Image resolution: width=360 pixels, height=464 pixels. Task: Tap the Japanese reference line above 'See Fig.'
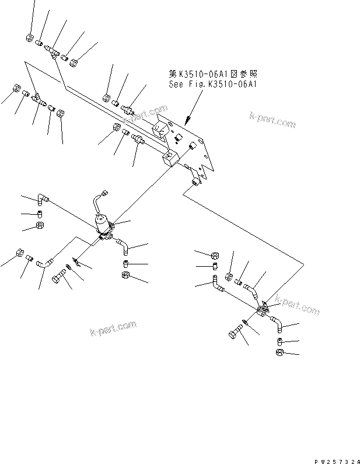[x=213, y=75]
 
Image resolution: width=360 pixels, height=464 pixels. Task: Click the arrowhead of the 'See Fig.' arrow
[x=187, y=122]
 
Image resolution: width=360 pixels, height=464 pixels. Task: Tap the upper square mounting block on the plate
[x=160, y=129]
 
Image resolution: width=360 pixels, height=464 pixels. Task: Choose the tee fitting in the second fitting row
[x=37, y=98]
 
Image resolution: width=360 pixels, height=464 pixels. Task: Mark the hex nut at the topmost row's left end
[x=29, y=38]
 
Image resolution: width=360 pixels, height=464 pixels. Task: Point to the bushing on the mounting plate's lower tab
[x=195, y=184]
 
